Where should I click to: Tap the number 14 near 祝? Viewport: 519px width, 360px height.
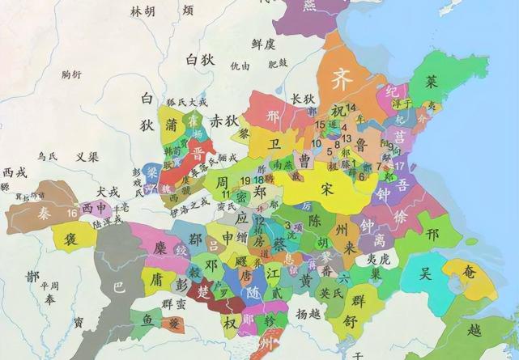[x=351, y=108]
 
